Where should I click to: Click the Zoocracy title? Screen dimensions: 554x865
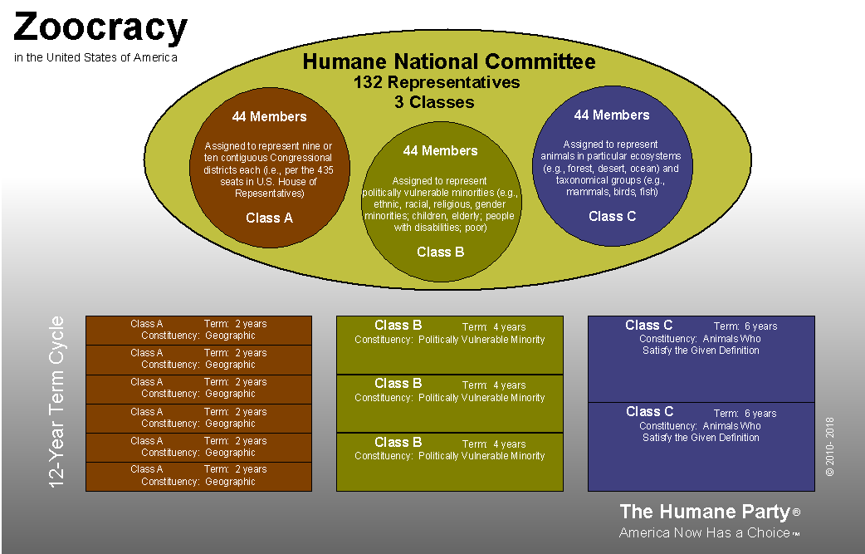click(100, 27)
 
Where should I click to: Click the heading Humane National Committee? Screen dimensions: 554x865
click(448, 61)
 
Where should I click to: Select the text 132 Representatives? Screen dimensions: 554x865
click(437, 82)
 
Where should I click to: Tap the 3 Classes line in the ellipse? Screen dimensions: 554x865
click(434, 102)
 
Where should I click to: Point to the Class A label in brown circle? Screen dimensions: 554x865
click(269, 218)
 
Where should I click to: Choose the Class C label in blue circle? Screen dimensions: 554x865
click(612, 216)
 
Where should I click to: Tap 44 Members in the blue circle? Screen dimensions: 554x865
click(612, 115)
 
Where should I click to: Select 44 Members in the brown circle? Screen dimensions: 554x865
click(269, 116)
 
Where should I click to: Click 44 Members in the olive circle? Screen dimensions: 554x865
click(440, 150)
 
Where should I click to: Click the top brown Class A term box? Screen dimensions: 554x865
click(199, 330)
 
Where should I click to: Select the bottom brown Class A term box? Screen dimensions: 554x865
click(199, 476)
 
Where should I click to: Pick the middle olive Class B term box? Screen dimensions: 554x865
click(449, 404)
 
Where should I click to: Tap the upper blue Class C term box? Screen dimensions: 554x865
click(701, 359)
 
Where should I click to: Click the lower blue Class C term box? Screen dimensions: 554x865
click(701, 446)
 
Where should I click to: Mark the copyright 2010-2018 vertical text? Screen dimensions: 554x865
click(829, 446)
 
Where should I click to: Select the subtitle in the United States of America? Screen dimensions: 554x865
click(95, 57)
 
